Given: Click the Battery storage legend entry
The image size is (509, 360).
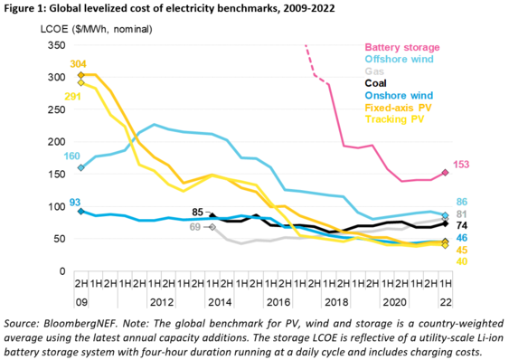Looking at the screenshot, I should pos(401,46).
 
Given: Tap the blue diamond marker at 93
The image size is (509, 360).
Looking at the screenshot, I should pos(81,211).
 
